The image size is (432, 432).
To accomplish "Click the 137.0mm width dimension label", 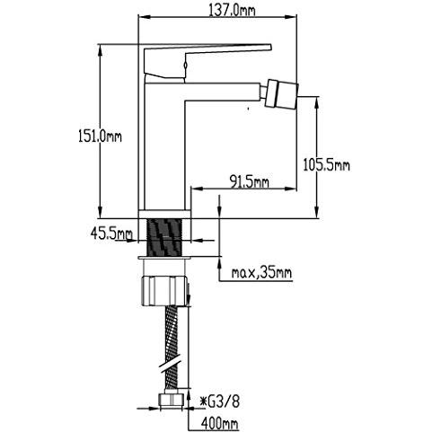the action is point(232,11).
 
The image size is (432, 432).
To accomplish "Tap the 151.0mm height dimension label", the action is point(100,137).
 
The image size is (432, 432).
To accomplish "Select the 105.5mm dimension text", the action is point(326,164).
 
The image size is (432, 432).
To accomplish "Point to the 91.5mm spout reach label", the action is point(249,181).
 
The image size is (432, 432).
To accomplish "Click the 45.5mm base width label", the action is point(111,234).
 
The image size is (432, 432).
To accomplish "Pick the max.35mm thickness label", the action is point(261,273).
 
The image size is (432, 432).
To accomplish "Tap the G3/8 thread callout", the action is point(220,401).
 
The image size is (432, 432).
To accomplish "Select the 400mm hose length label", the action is point(220,423).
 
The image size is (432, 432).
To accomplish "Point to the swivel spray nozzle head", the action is point(283,94).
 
